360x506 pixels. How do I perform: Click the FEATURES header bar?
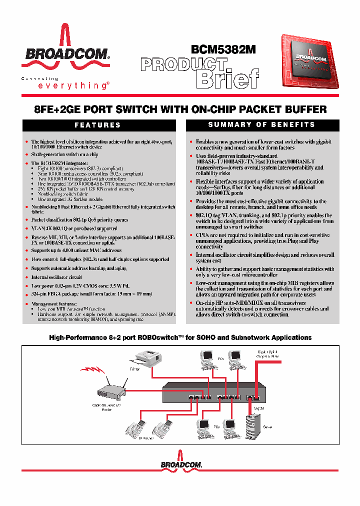tap(97, 125)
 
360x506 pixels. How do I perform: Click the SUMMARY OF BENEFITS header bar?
tap(261, 124)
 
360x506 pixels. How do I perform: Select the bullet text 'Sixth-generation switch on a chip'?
tap(64, 155)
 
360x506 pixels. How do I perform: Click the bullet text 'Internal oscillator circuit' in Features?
tap(56, 276)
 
